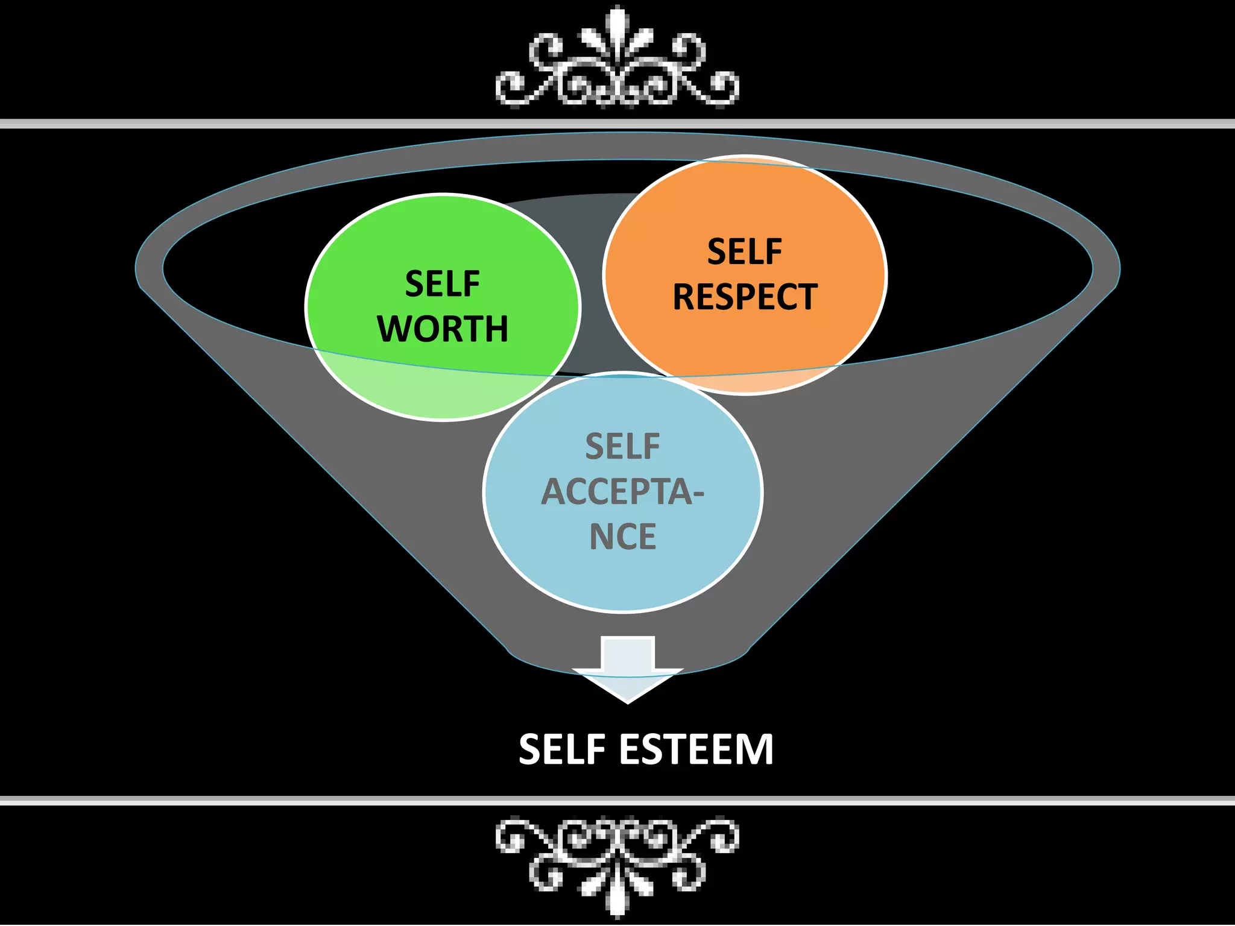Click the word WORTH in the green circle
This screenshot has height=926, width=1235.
[443, 329]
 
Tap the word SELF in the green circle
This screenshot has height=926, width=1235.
[442, 284]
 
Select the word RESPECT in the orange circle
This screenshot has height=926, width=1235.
[745, 297]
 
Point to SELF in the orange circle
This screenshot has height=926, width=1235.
[745, 251]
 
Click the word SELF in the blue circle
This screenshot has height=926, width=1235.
[622, 447]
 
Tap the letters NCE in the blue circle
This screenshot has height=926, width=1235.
[622, 537]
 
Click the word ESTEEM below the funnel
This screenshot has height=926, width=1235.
[696, 749]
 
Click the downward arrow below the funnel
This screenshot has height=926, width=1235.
[627, 669]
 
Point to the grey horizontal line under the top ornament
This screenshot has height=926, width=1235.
[617, 124]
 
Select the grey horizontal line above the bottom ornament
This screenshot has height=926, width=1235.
[617, 801]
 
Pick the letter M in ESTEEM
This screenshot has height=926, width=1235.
[756, 749]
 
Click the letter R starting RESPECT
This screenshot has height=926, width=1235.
[685, 297]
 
